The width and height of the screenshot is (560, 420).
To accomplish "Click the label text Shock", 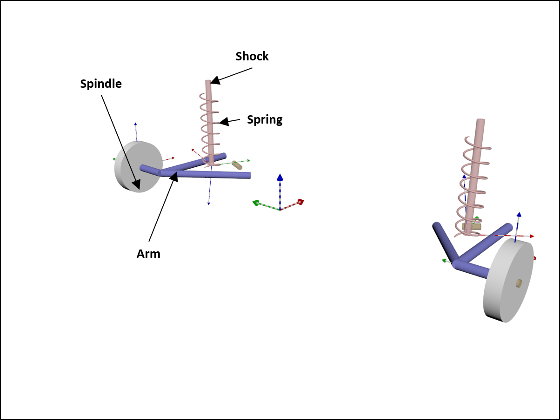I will [x=252, y=56].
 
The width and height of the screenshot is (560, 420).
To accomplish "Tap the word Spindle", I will [x=101, y=84].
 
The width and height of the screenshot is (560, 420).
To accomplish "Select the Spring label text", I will [x=265, y=119].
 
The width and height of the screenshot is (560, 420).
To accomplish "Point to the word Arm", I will [x=148, y=254].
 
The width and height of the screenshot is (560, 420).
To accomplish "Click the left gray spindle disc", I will [x=138, y=167].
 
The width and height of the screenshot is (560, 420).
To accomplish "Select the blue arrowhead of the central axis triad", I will [x=280, y=177].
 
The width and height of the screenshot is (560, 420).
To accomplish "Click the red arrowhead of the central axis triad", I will [x=300, y=202].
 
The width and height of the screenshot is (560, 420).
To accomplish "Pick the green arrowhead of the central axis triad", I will [x=256, y=203].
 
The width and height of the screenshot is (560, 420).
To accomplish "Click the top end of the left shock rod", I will [x=208, y=82].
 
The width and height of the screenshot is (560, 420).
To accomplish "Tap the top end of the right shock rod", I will [x=481, y=121].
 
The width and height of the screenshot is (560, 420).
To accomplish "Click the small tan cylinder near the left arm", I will [x=237, y=165].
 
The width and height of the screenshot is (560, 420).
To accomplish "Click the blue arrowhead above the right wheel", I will [x=519, y=215].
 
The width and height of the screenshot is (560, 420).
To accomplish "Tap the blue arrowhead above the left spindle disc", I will [x=135, y=124].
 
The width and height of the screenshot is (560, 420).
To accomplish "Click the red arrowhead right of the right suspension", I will [x=532, y=236].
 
